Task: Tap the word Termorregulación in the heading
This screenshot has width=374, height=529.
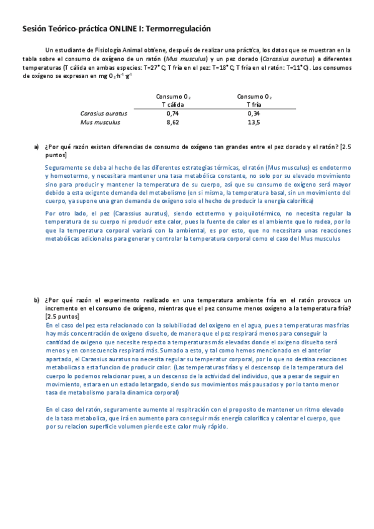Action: [x=180, y=29]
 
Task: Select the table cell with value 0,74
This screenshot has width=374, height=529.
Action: [x=173, y=114]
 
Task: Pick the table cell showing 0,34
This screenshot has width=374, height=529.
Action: [x=253, y=114]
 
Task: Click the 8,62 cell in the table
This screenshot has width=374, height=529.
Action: [x=173, y=123]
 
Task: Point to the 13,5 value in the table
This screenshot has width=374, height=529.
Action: [x=253, y=123]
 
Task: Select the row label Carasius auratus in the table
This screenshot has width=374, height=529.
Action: [x=104, y=114]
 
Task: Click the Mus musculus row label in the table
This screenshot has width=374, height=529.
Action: [x=100, y=123]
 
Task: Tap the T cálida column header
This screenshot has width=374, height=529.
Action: [x=173, y=105]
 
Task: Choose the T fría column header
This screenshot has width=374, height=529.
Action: [x=253, y=105]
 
